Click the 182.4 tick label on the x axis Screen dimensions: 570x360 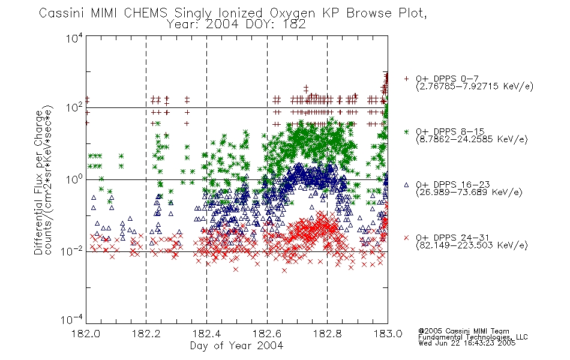207,334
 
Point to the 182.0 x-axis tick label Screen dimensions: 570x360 86,334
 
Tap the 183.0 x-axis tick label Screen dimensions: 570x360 388,334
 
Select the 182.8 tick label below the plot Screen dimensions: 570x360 328,334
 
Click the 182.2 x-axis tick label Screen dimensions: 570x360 146,334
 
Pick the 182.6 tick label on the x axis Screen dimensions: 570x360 267,334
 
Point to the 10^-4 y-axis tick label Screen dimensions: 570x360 72,319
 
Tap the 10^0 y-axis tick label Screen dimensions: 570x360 74,179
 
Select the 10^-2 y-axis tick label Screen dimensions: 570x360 72,251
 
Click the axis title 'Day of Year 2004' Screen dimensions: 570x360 236,346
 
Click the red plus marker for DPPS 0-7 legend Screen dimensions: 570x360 406,79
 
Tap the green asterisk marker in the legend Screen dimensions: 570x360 406,131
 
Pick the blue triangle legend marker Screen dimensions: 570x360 406,185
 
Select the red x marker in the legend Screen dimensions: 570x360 406,238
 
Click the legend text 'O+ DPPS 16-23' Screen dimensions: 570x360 453,185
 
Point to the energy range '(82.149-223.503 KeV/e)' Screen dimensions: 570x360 472,245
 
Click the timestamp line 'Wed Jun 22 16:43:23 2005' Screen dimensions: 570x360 467,343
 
